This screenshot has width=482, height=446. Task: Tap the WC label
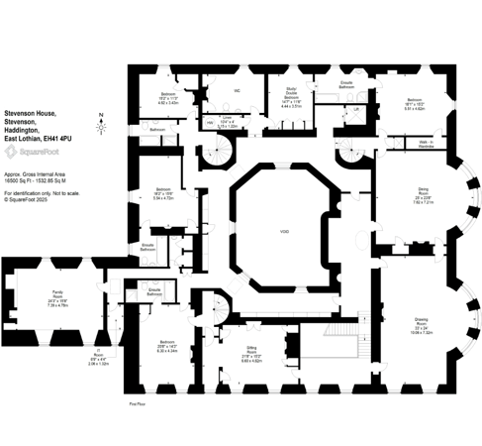[238, 91]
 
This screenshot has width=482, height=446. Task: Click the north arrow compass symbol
[100, 127]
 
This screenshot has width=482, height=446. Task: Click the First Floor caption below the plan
[138, 404]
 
